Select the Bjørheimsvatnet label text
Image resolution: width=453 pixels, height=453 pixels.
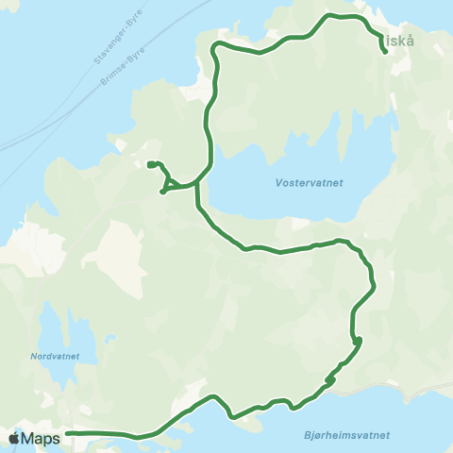[x=348, y=435]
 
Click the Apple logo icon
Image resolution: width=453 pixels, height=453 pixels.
[x=14, y=438]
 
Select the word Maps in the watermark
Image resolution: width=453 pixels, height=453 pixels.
[x=41, y=438]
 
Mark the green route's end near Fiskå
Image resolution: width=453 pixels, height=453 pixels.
[x=386, y=53]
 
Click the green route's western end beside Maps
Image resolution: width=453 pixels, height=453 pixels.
[x=67, y=433]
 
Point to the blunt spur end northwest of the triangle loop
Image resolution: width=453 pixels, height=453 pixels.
[x=150, y=164]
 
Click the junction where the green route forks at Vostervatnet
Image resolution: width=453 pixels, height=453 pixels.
[x=197, y=183]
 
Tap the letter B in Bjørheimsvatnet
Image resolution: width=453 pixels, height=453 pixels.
[x=310, y=435]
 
